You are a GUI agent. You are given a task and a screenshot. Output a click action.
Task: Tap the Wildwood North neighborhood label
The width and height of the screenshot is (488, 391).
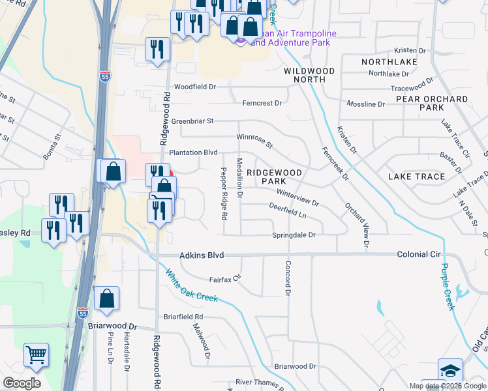click(309, 75)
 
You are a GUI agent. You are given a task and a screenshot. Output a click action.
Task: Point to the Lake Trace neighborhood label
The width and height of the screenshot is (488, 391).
click(416, 177)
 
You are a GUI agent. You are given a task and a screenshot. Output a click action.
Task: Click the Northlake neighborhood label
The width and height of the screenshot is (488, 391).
click(389, 62)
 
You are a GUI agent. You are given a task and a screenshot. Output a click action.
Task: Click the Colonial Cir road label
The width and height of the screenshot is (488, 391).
click(420, 255)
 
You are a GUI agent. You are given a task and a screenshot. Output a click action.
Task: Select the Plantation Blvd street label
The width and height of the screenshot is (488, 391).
click(193, 152)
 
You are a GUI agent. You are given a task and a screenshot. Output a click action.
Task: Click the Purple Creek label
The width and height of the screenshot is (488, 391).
click(446, 286)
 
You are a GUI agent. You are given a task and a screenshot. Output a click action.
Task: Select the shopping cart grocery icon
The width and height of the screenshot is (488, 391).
click(37, 355)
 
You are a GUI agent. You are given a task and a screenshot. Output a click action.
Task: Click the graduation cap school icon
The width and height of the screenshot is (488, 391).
click(450, 369)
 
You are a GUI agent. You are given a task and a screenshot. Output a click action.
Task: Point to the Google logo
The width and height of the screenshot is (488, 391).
click(22, 383)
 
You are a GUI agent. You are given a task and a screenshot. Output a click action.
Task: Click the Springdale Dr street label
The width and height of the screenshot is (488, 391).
click(294, 235)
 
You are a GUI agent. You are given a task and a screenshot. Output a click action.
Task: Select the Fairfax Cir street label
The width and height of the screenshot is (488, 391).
click(225, 279)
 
